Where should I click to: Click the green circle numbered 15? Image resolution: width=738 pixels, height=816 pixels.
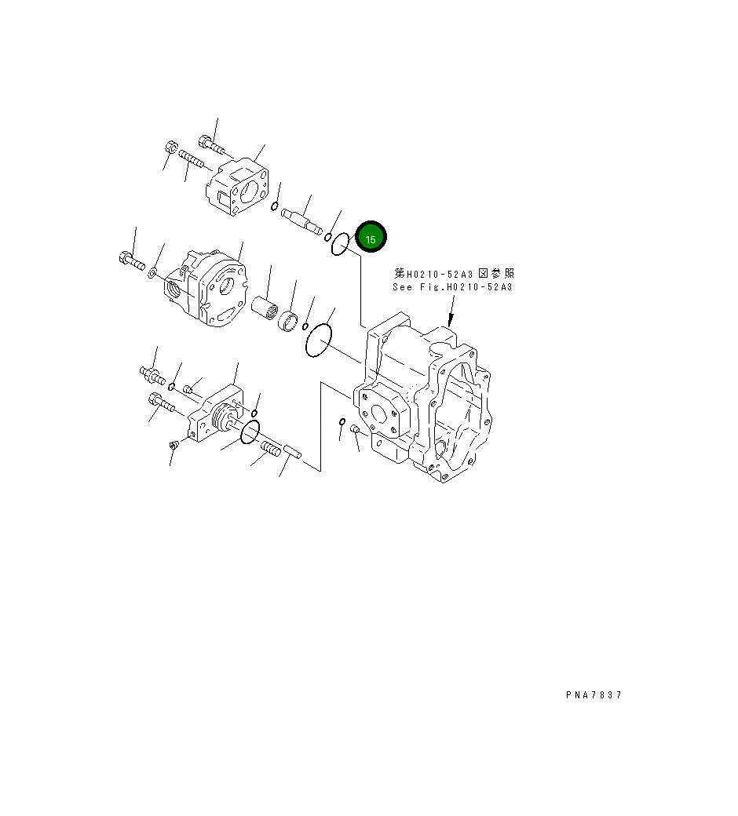pos(371,239)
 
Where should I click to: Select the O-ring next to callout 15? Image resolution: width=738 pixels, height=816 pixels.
pos(340,245)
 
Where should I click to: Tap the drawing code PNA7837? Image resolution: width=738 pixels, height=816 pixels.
pos(593,694)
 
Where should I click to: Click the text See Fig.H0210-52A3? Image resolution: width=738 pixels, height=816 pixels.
pos(452,287)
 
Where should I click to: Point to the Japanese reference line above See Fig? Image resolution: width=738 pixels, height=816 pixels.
pos(455,273)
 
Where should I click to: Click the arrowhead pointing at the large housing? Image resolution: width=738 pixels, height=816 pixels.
pos(450,321)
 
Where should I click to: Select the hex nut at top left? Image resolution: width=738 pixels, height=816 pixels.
pos(172,147)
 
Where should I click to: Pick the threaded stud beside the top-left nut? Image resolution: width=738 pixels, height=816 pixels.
pos(192,159)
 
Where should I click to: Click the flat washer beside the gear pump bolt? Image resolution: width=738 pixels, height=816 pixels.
pos(152,272)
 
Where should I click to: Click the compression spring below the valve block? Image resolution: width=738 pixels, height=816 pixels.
pos(270,450)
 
